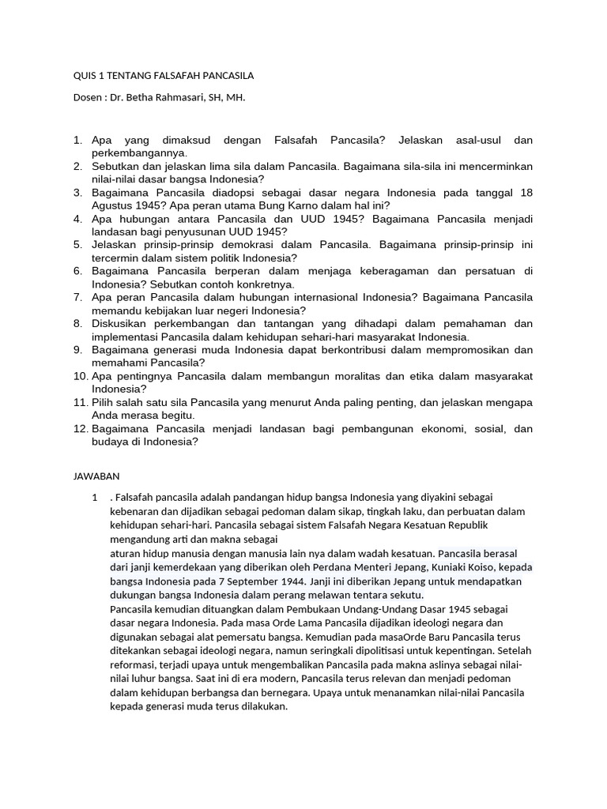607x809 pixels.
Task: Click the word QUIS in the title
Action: click(85, 76)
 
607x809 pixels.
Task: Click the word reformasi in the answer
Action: click(135, 664)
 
